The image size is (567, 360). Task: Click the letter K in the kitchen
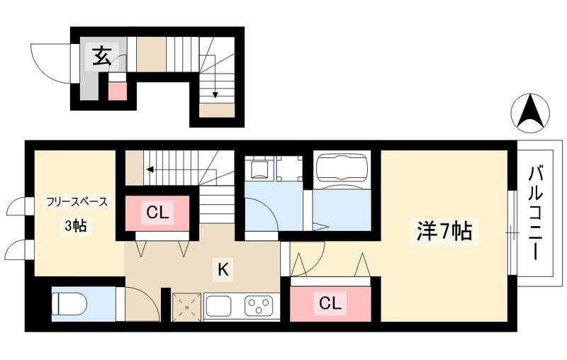pos(222,269)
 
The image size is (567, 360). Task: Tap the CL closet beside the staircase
pos(159,211)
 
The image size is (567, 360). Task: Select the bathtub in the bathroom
pos(342,169)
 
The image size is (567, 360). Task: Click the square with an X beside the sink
pos(186,306)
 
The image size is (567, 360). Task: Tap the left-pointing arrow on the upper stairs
pos(150,169)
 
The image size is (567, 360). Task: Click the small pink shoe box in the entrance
pos(117,90)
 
